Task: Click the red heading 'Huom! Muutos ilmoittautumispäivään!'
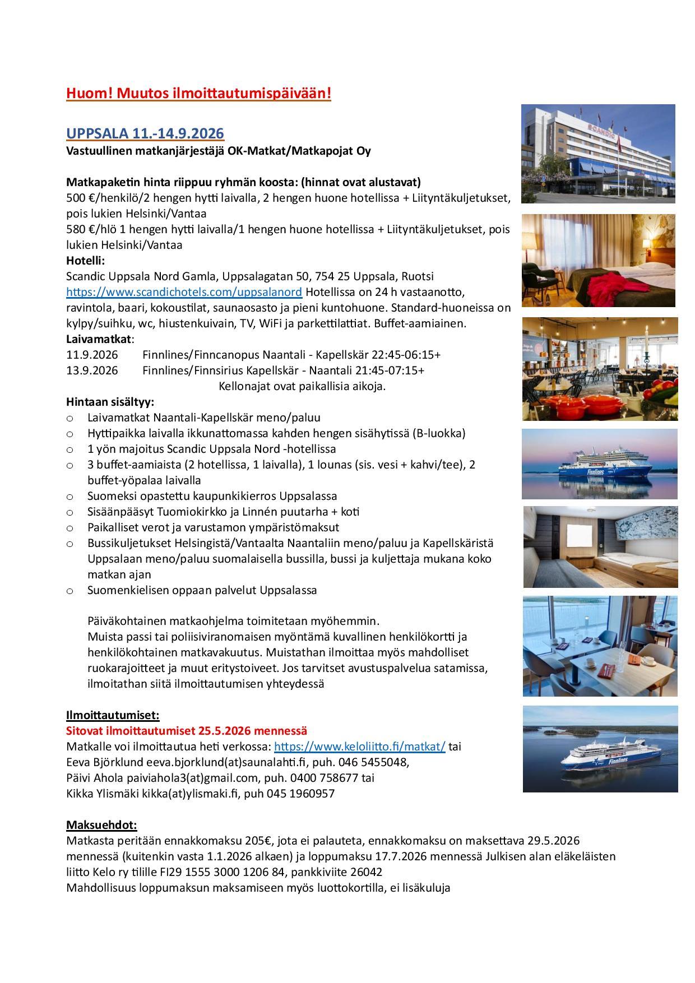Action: (198, 93)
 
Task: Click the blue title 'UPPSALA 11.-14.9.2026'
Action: (145, 133)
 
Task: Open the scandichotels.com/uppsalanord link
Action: (184, 292)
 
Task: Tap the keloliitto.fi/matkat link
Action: (359, 746)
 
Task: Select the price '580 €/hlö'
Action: (92, 229)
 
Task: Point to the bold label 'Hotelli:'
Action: (85, 261)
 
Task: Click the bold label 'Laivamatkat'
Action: (99, 339)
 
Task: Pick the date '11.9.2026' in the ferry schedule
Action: (92, 355)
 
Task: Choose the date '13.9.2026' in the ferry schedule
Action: (92, 370)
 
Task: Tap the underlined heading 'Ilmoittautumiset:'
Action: (113, 715)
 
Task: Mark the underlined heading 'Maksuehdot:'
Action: (101, 825)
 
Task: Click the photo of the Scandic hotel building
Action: (597, 154)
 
